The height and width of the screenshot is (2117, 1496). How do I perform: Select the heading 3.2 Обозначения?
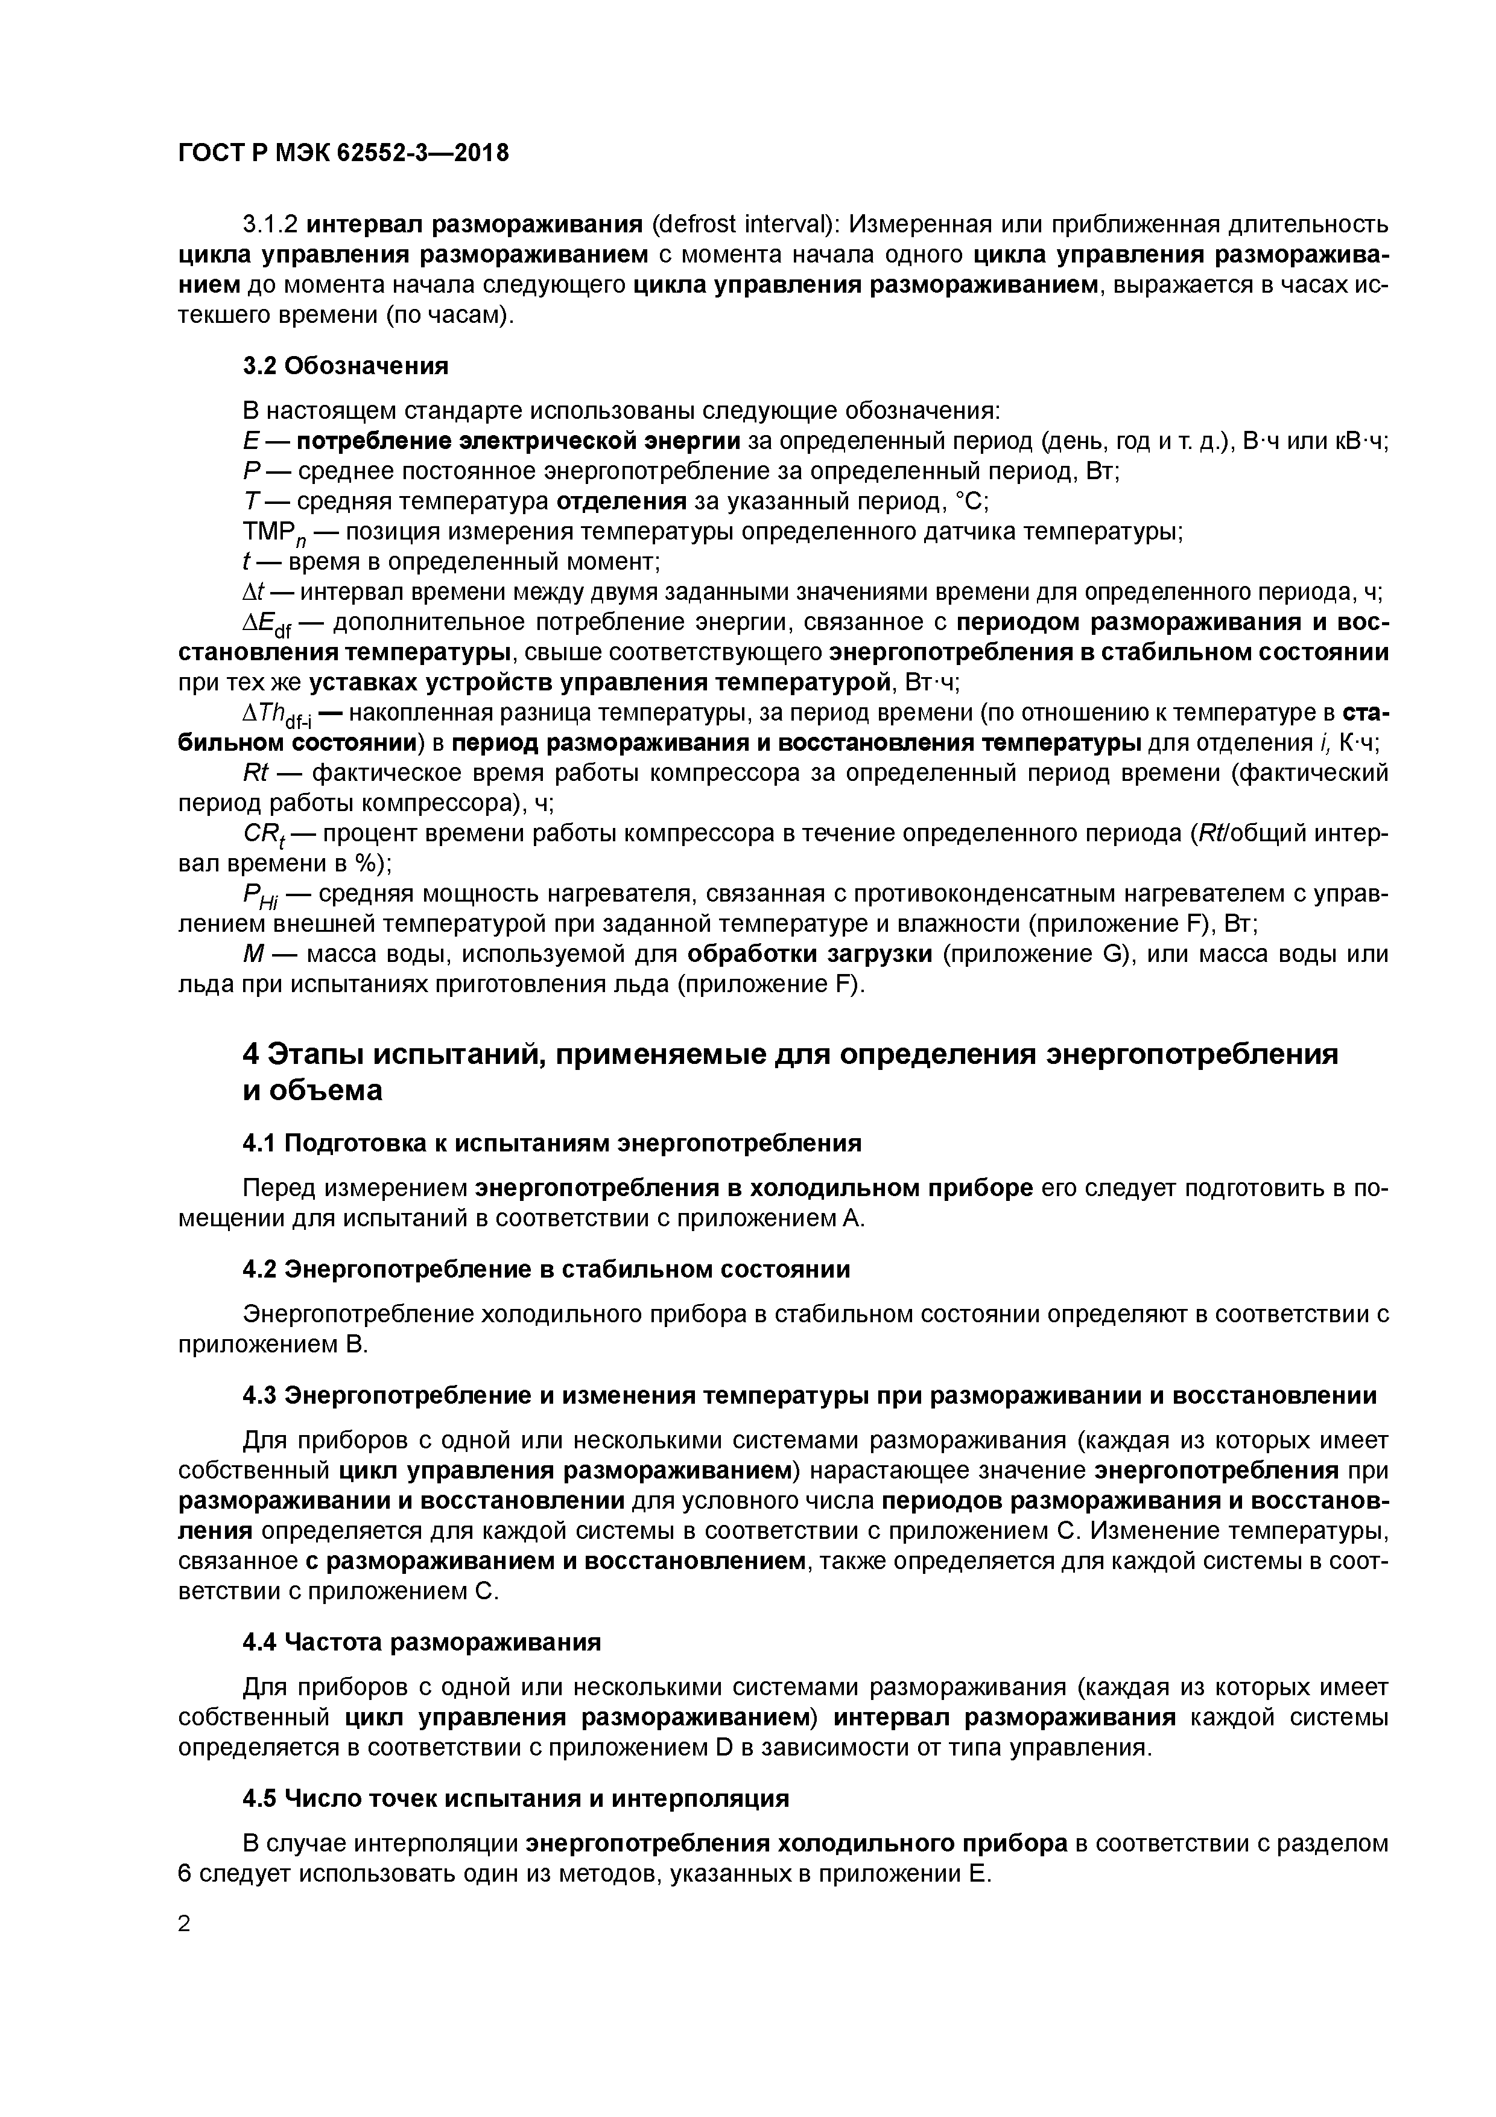tap(346, 366)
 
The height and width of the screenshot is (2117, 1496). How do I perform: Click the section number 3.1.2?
tap(270, 224)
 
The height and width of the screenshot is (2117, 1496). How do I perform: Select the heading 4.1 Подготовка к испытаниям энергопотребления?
tap(552, 1144)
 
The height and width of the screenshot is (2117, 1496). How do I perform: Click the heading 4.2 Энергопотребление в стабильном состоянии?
tap(546, 1270)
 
